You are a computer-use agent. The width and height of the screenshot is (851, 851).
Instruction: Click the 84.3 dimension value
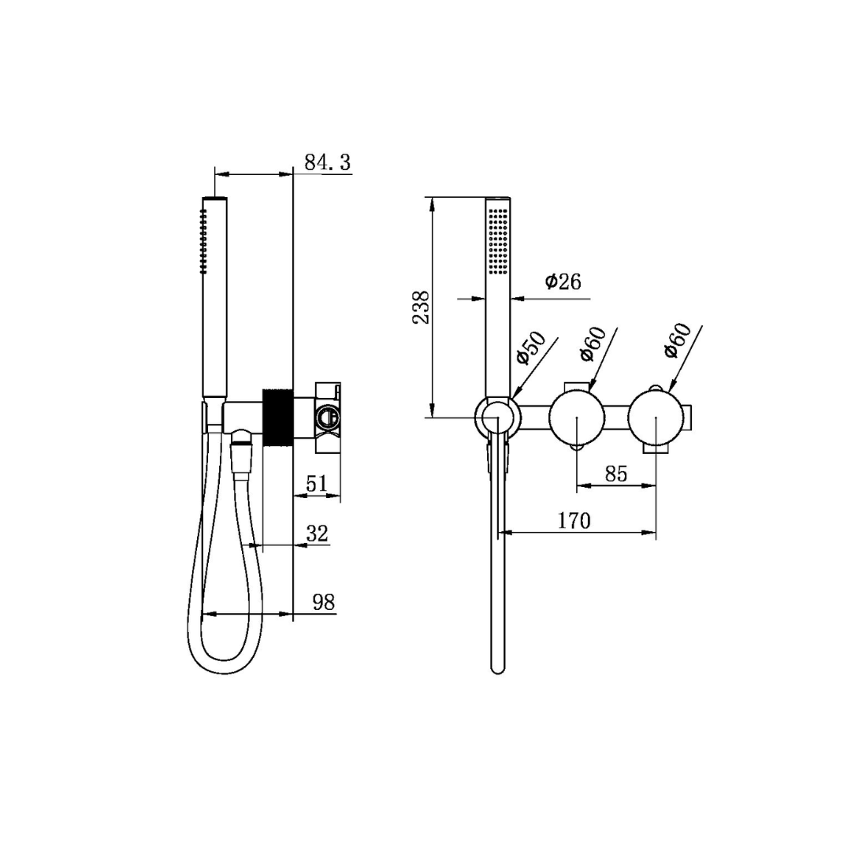pos(327,162)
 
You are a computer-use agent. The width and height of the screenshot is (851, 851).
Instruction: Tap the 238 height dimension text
pos(422,307)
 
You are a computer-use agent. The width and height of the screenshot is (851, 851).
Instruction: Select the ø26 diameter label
pos(563,281)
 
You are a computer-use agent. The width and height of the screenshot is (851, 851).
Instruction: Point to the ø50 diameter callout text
pos(531,348)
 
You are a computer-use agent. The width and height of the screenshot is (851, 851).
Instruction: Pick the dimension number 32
pos(317,533)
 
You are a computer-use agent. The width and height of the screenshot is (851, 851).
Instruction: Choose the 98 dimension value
pos(324,603)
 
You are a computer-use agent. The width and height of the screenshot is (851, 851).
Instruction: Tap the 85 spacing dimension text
pos(616,474)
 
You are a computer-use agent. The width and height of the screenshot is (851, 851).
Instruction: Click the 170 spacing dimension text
pos(574,521)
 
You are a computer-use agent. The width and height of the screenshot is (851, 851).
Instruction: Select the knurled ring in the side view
pos(278,418)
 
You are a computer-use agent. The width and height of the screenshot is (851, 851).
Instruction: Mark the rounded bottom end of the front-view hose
pos(497,668)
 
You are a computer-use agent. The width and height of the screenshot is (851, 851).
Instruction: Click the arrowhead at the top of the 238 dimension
pos(431,202)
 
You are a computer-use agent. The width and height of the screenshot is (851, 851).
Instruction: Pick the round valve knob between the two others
pos(578,417)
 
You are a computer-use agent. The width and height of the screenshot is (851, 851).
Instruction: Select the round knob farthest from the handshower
pos(656,417)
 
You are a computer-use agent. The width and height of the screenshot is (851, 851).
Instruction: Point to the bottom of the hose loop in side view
pos(224,670)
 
